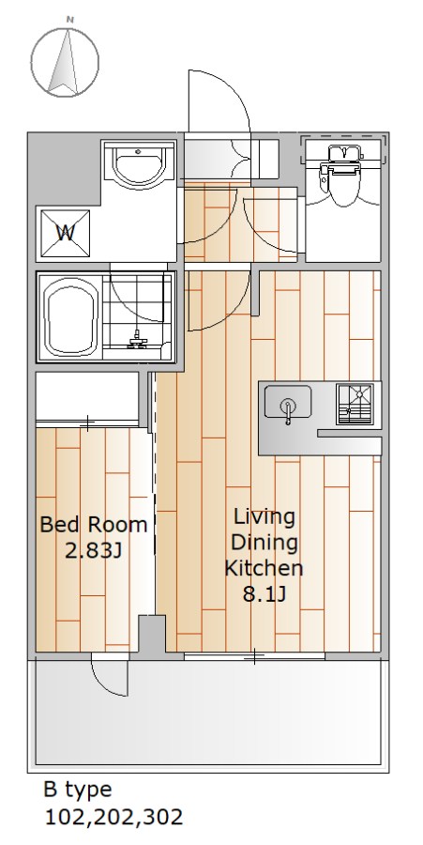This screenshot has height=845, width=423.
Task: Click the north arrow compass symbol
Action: click(65, 63)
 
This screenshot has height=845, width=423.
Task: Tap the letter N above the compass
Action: click(69, 20)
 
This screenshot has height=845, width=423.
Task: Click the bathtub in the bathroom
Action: click(72, 318)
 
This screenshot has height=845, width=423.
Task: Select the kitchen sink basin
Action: click(287, 403)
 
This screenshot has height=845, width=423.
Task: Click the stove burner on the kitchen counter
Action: click(355, 403)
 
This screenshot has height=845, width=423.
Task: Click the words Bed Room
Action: click(94, 524)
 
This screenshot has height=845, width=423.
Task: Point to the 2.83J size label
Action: click(93, 551)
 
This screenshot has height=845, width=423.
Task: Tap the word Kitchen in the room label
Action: click(264, 568)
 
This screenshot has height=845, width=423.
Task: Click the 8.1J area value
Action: click(264, 594)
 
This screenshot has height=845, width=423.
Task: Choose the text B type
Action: click(78, 791)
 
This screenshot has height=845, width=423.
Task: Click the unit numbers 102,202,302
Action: click(113, 818)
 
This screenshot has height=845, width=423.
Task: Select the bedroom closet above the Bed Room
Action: click(87, 396)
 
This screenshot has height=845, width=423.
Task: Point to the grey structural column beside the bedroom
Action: click(152, 637)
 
